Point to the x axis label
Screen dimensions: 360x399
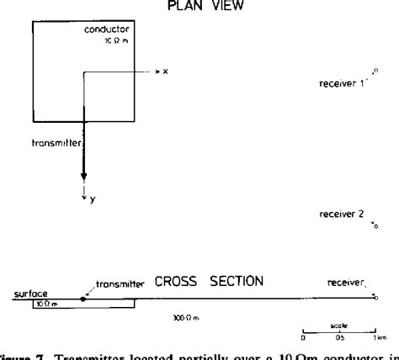pos(166,73)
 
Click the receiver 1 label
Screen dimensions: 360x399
pos(338,84)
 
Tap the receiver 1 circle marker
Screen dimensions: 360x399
pos(375,72)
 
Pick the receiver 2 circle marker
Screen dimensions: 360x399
pos(375,227)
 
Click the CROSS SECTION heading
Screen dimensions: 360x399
pos(207,280)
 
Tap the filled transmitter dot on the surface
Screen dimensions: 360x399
pos(82,298)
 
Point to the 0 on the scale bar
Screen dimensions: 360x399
pos(303,340)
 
